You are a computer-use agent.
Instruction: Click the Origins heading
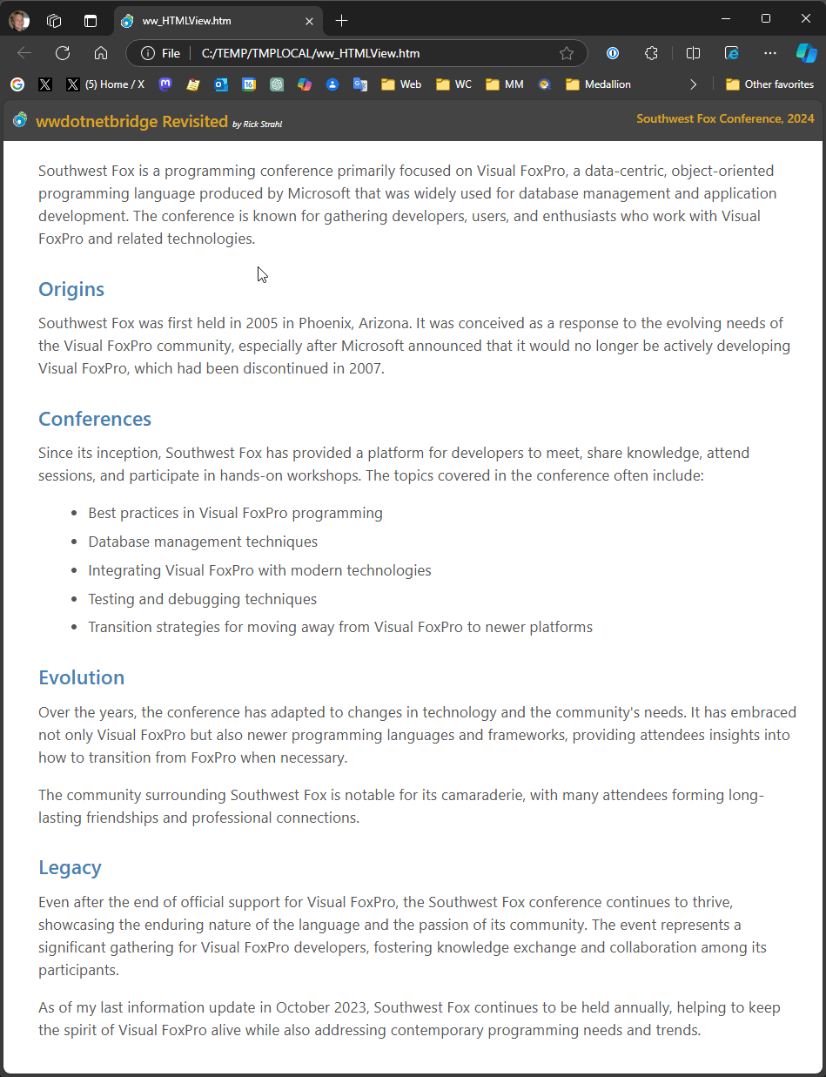coord(71,289)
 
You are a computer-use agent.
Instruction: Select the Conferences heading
coord(95,419)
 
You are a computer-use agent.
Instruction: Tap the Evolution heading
coord(81,677)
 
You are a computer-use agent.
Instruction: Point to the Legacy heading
coord(70,867)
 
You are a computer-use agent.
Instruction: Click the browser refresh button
coord(63,53)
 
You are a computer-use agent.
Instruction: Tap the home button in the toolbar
coord(101,53)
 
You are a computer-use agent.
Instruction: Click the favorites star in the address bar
coord(567,53)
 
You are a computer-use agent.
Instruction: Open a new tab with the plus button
coord(342,20)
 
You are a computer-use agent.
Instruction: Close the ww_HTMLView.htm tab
coord(309,20)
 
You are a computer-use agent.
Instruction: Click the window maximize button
coord(766,18)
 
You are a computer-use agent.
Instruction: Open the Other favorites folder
coord(769,84)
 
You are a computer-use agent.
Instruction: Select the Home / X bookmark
coord(113,84)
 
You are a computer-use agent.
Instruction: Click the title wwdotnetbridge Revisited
coord(131,121)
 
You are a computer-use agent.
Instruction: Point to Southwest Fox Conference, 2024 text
coord(725,118)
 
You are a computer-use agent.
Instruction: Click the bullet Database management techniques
coord(203,542)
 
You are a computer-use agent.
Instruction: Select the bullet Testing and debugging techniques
coord(202,599)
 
